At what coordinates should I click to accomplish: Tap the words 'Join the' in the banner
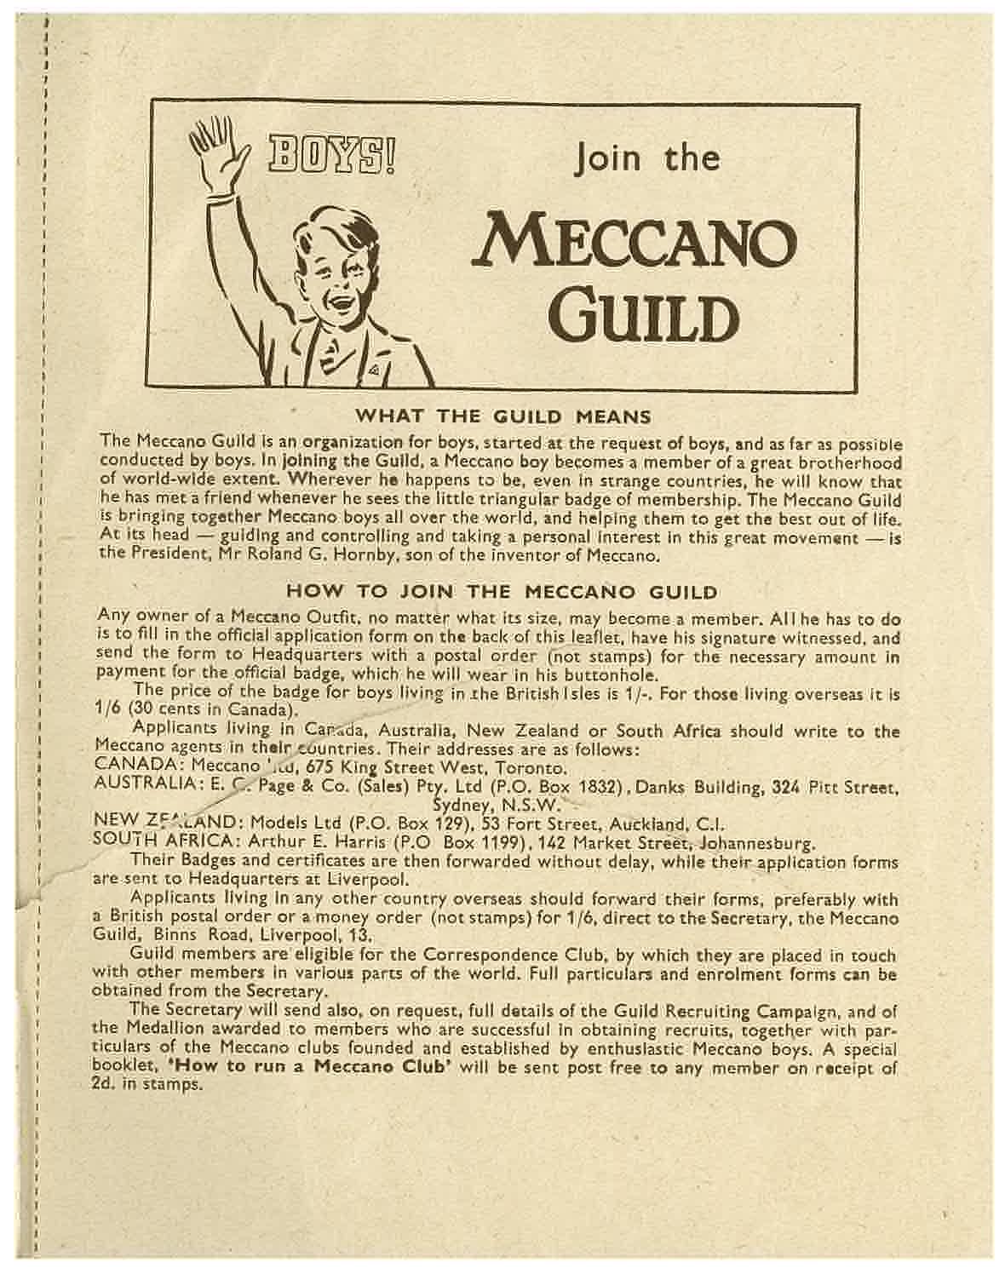[647, 158]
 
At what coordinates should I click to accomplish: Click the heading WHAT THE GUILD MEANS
[502, 416]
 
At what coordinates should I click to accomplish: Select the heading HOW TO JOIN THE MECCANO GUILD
[502, 591]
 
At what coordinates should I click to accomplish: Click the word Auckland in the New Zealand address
[646, 824]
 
